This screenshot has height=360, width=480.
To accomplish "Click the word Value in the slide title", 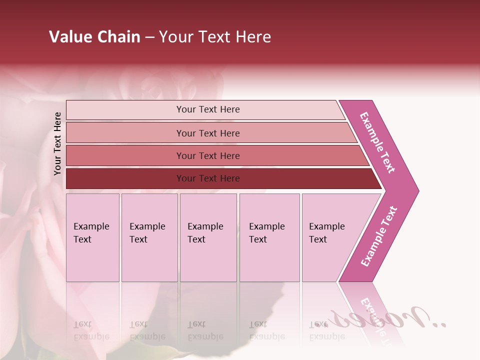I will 69,37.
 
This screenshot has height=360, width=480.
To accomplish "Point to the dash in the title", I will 149,37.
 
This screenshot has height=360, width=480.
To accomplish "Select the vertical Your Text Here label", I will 57,144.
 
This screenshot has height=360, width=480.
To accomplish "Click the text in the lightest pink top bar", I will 208,109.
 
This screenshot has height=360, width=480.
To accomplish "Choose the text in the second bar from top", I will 208,133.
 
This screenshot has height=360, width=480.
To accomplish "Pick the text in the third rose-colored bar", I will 208,156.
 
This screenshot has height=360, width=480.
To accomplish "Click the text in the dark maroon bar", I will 208,178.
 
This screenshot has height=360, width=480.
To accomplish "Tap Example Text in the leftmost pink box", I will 91,233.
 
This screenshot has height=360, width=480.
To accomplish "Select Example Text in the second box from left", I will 147,233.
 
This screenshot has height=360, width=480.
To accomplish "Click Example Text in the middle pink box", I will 205,233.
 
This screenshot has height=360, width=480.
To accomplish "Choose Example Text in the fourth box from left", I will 266,233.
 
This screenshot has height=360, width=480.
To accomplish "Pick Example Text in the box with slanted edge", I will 326,233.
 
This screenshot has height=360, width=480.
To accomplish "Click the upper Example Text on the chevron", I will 377,142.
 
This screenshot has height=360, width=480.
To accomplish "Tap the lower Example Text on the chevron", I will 379,236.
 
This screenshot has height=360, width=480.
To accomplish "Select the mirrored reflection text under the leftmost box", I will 91,330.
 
